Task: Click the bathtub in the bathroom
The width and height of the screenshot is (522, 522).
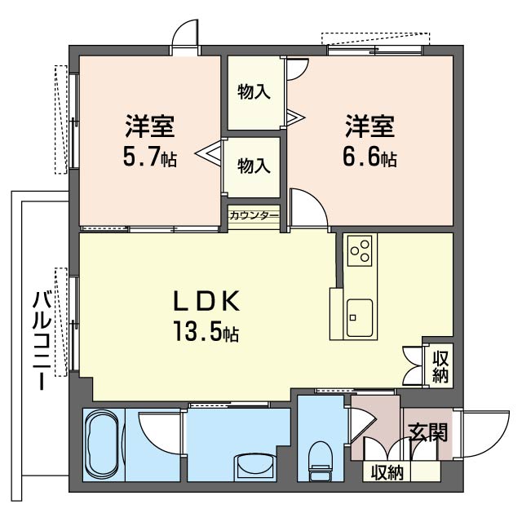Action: [102, 445]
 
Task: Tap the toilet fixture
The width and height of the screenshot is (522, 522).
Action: [321, 461]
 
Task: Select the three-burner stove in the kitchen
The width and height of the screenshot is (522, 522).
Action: [360, 250]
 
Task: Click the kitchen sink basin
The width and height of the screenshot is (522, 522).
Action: [360, 318]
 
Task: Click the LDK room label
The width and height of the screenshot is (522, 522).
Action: [206, 301]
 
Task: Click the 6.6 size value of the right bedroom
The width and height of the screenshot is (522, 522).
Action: [361, 157]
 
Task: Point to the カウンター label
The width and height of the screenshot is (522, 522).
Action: [254, 215]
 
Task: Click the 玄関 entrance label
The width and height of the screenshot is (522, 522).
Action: [427, 432]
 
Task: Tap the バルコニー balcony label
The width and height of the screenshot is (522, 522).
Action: [42, 340]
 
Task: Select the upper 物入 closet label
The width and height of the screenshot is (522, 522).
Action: [254, 91]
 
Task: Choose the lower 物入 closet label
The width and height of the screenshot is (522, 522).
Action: [254, 166]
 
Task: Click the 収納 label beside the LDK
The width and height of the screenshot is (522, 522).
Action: [440, 367]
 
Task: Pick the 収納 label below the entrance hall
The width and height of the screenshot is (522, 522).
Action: [387, 472]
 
